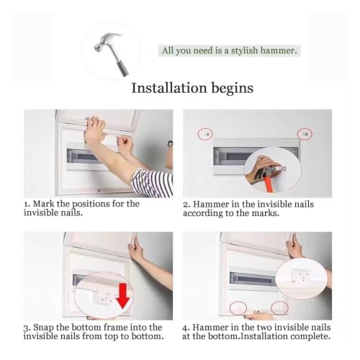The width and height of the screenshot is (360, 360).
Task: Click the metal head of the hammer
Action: (107, 42)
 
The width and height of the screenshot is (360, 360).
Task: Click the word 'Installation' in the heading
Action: (169, 88)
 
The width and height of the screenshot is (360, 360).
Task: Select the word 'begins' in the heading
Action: (232, 89)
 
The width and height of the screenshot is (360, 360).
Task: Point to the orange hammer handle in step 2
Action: (266, 181)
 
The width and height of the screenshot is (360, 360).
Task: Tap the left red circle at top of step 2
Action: (205, 134)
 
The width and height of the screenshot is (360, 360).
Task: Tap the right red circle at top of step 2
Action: (305, 134)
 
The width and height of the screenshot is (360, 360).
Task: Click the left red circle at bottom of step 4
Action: (238, 307)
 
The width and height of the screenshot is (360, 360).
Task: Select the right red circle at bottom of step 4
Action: (279, 307)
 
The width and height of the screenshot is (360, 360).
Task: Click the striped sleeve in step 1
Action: (153, 182)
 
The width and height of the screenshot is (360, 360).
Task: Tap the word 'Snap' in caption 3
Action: (43, 328)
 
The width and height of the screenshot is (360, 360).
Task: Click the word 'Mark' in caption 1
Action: (44, 204)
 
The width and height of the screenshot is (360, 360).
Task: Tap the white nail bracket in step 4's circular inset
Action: (300, 276)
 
